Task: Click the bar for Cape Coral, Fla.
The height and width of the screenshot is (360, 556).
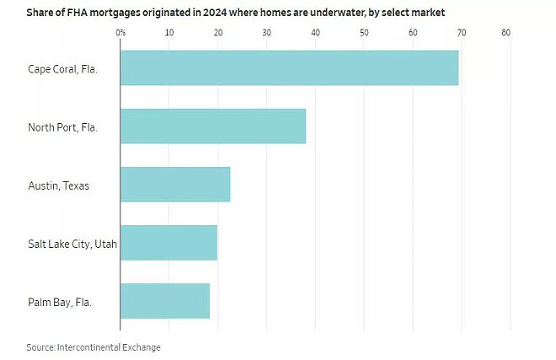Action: point(289,67)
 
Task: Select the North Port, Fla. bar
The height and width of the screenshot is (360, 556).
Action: point(213,126)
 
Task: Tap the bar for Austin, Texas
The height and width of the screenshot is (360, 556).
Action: point(175,185)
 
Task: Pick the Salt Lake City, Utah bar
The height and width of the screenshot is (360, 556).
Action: point(168,243)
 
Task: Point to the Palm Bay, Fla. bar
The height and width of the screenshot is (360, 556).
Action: point(165,301)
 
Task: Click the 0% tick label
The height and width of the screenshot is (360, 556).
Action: point(120,33)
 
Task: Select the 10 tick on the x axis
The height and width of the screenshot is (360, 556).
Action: point(169,33)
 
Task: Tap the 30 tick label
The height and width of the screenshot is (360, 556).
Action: point(267,33)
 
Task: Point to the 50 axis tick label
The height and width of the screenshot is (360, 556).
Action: point(364,33)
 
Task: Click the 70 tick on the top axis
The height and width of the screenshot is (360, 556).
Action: point(462,33)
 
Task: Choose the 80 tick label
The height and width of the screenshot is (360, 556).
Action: point(506,33)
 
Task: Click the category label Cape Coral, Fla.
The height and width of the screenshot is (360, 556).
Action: point(62,69)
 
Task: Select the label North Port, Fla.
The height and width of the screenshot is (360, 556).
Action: point(62,127)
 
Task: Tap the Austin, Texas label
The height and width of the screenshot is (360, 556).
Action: point(58,185)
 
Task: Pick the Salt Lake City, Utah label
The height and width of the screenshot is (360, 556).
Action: point(72,244)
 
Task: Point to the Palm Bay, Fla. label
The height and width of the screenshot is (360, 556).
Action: point(60,302)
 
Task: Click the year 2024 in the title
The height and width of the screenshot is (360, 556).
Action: point(215,13)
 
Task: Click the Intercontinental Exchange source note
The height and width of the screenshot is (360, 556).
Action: point(109,347)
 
